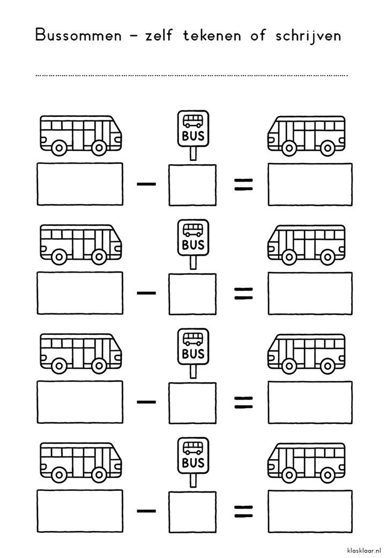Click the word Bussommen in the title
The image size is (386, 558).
(x=78, y=35)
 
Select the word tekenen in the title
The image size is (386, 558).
(x=212, y=35)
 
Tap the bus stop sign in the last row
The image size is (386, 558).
(x=193, y=462)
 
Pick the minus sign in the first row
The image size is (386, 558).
(x=146, y=184)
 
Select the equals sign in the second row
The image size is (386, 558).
(x=243, y=293)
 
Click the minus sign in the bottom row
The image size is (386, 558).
(x=146, y=511)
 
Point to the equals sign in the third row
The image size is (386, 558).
(x=243, y=402)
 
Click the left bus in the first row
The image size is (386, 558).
(x=80, y=136)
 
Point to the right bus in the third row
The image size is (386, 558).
(x=306, y=354)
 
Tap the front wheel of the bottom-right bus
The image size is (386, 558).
(x=289, y=475)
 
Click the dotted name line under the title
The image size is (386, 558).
(x=191, y=76)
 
